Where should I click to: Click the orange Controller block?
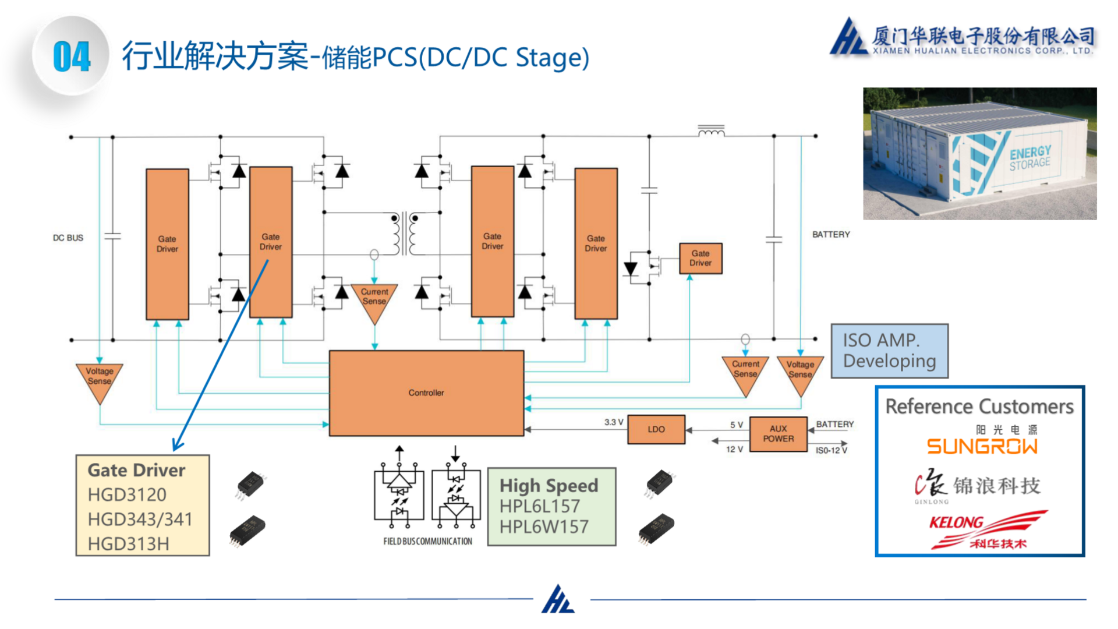point(426,393)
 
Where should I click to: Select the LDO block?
point(656,429)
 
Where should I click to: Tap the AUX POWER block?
point(778,434)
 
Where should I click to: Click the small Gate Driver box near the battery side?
point(700,258)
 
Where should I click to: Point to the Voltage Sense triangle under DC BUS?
point(100,379)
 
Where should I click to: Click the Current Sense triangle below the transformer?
point(374,298)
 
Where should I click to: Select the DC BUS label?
point(68,238)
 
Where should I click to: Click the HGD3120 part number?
point(127,494)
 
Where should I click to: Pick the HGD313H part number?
point(128,543)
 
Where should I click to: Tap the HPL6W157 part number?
point(544,526)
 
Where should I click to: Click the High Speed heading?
point(549,485)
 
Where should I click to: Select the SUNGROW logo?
point(982,446)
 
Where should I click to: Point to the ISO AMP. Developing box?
point(889,351)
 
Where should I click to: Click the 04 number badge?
point(72,56)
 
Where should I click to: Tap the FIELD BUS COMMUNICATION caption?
point(427,541)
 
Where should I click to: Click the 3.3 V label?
point(613,422)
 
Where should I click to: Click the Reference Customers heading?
point(979,406)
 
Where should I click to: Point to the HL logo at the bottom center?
point(558,599)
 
